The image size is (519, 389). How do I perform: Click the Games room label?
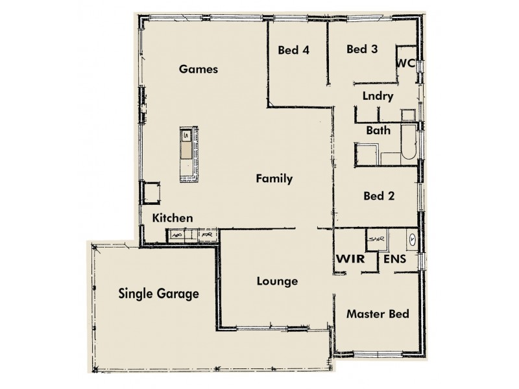tap(198, 69)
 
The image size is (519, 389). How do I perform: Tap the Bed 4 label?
tap(293, 49)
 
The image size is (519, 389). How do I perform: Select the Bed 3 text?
tap(362, 49)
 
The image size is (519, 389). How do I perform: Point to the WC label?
tap(405, 63)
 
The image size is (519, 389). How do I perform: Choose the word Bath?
tap(378, 130)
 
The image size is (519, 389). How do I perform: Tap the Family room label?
tap(274, 178)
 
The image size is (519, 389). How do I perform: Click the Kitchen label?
tap(172, 218)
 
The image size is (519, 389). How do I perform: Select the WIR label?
tap(348, 259)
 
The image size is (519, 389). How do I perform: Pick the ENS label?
tap(396, 259)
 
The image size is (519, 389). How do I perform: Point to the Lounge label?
tap(277, 281)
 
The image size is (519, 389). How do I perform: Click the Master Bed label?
tap(378, 314)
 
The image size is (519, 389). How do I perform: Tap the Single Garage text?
tap(158, 294)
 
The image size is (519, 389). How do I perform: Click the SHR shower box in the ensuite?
tap(376, 239)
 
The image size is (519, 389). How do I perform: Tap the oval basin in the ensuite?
tap(413, 239)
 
